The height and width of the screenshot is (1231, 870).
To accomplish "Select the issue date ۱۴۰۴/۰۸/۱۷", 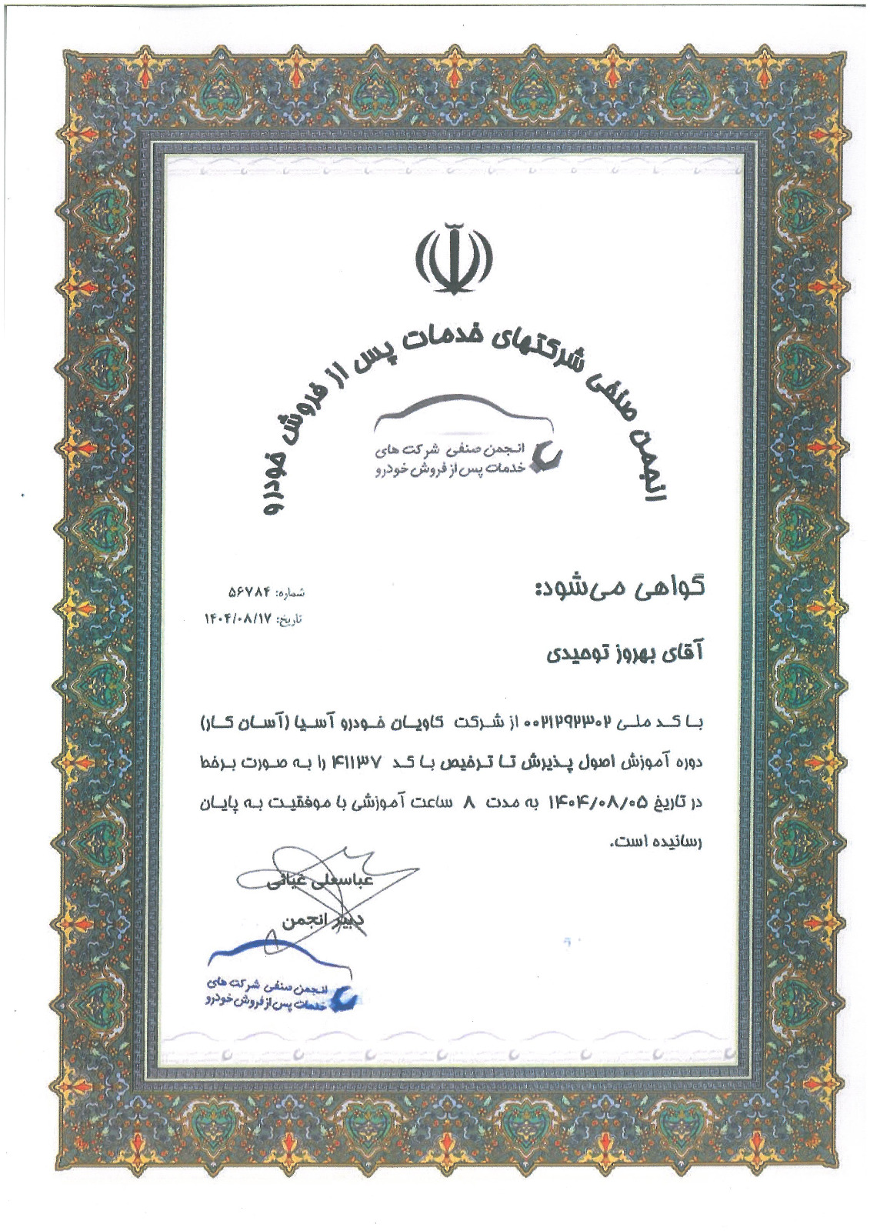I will [x=238, y=618].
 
